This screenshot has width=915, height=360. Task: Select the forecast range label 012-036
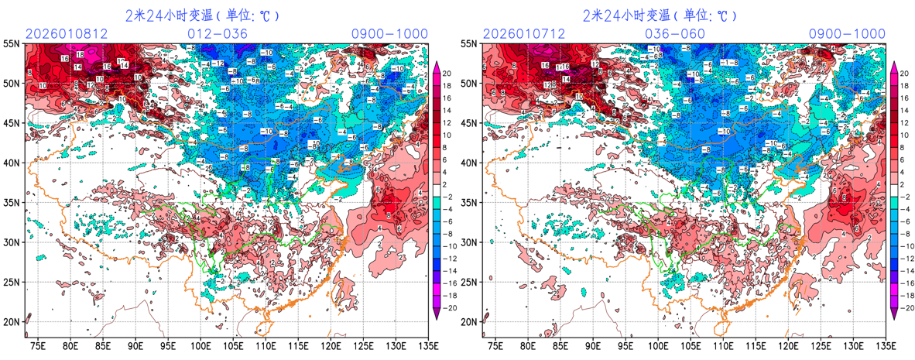point(218,34)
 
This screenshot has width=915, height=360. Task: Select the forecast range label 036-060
point(675,34)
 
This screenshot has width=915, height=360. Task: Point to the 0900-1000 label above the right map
point(847,34)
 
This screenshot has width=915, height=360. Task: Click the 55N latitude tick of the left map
point(12,44)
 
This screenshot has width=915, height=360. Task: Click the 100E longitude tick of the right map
point(659,345)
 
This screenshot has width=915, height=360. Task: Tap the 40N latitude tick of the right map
point(469,163)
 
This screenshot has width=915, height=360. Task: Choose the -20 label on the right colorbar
point(905,308)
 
